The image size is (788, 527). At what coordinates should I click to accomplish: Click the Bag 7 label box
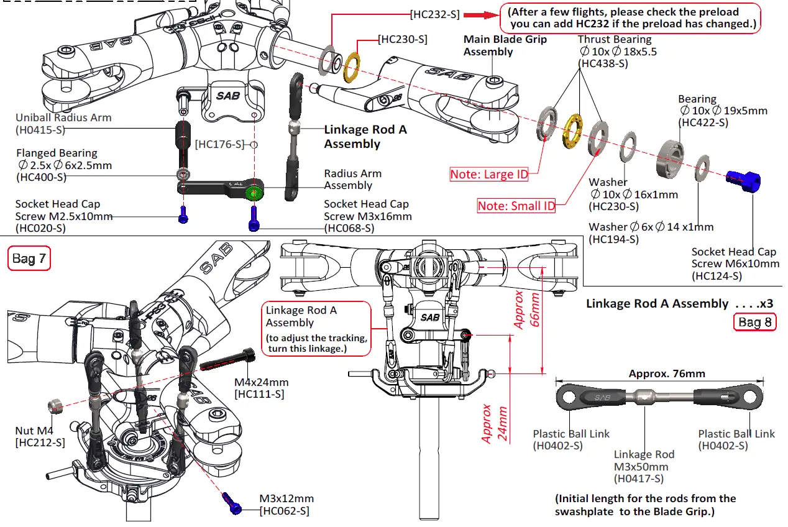(x=29, y=259)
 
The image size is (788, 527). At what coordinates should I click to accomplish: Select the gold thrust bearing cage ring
(x=572, y=132)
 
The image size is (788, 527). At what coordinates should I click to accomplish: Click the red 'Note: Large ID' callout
(x=489, y=175)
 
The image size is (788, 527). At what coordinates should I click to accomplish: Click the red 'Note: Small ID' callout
(x=516, y=206)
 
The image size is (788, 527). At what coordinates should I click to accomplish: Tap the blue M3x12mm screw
(x=232, y=502)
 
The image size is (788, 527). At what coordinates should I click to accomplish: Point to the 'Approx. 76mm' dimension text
(x=667, y=373)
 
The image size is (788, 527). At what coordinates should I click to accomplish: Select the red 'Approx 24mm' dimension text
(x=494, y=423)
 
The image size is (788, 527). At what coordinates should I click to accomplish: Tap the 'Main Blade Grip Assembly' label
(x=505, y=45)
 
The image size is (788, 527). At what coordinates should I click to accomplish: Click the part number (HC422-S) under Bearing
(x=704, y=123)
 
